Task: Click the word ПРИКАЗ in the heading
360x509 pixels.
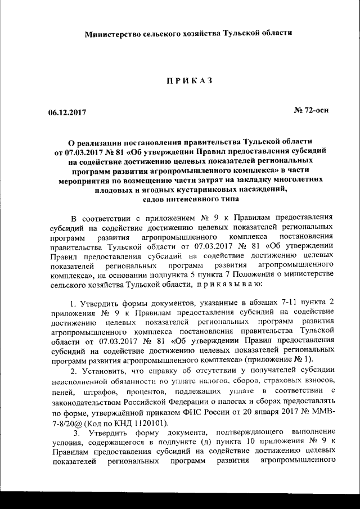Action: (x=188, y=81)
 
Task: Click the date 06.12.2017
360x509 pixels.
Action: (x=66, y=111)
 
